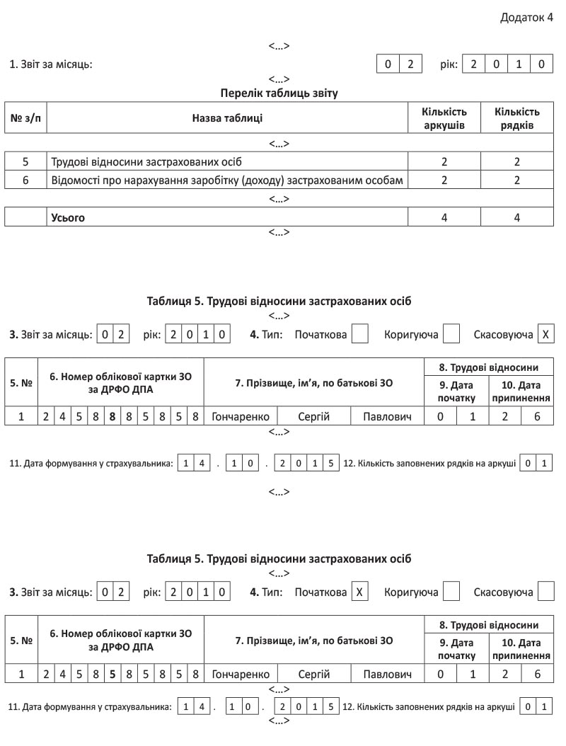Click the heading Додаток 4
coord(526,17)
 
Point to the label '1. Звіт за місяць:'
coord(51,64)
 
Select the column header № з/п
coord(25,118)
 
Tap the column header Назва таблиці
coord(228,118)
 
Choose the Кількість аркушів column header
coord(444,118)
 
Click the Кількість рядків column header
coord(517,118)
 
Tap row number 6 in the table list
coord(25,180)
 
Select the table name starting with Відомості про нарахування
coord(227,180)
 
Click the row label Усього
coord(68,217)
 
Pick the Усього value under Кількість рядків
coord(517,217)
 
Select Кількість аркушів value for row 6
coord(444,180)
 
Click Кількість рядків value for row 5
coord(517,161)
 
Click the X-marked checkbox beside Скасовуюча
coord(545,333)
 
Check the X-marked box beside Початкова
coord(359,591)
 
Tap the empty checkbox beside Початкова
coord(359,333)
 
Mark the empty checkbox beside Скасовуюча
coord(545,591)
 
